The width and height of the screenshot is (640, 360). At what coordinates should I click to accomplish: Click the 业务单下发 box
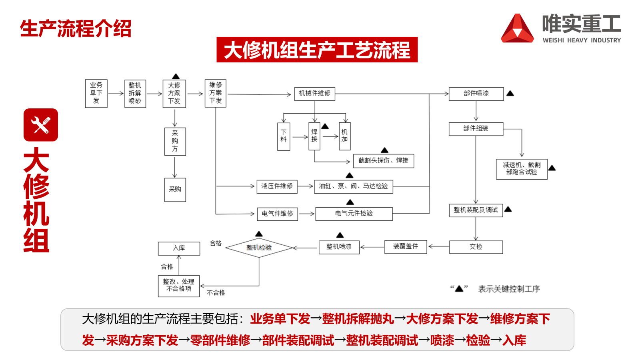click(96, 93)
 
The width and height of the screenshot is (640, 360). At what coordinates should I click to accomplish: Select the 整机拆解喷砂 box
click(135, 93)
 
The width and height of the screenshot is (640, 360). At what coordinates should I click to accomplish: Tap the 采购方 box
click(175, 141)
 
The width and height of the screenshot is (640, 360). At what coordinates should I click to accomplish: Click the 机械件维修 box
click(314, 93)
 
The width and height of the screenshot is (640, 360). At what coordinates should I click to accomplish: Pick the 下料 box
click(284, 136)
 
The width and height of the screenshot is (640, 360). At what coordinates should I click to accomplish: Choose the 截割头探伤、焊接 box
click(383, 160)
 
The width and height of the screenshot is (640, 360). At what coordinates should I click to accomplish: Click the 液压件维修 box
click(277, 186)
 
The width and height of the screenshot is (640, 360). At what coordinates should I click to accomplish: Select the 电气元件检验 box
click(354, 214)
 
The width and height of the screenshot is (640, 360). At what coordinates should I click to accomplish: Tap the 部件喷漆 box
click(476, 94)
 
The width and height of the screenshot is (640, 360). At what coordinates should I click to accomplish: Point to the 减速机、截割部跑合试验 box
click(522, 169)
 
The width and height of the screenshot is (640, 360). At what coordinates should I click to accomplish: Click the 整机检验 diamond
click(259, 248)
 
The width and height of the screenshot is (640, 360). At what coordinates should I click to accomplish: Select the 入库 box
click(179, 248)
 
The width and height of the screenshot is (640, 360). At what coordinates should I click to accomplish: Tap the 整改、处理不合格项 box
click(179, 286)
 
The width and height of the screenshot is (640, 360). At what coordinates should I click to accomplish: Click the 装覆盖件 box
click(406, 247)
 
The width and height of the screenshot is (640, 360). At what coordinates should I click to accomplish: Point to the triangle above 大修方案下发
click(176, 76)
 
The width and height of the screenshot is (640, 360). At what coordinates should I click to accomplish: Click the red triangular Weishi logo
click(517, 29)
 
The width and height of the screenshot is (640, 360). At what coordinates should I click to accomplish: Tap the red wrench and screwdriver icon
click(41, 125)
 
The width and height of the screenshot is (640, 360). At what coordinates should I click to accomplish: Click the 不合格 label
click(216, 293)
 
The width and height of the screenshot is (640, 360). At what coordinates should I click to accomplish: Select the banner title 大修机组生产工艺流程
click(317, 50)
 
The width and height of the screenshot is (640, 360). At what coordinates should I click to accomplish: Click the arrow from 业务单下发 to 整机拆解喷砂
click(116, 94)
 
